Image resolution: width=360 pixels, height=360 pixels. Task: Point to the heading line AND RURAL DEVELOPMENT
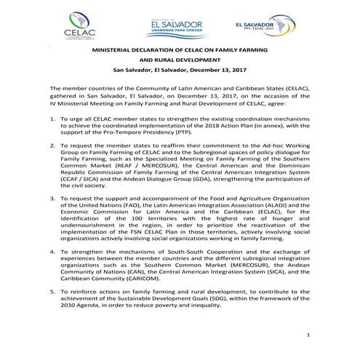click(x=179, y=62)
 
